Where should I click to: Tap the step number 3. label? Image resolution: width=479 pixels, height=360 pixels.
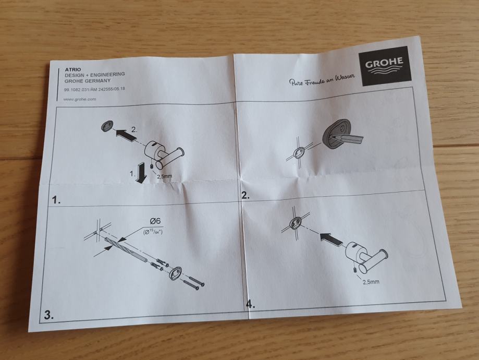coord(48,315)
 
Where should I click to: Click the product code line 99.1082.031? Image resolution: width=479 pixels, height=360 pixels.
coord(92,90)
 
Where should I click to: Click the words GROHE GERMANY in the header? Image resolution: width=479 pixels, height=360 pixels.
coord(87,81)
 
